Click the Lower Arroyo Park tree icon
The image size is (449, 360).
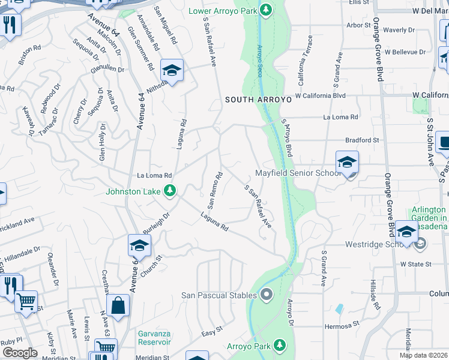coord(265,10)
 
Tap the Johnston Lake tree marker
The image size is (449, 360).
coord(170,191)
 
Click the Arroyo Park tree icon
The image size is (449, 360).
coord(279,346)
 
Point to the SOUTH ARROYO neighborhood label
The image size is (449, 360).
coord(258,100)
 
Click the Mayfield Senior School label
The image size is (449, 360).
coord(298,173)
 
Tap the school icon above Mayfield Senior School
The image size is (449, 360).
coord(347,162)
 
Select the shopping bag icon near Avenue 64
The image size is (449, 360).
coord(119,305)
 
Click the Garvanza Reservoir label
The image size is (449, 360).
coord(146,337)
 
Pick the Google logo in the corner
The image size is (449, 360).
coord(20,353)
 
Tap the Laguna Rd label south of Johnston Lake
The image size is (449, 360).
coord(214,224)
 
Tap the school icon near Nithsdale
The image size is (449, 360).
coord(172,71)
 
